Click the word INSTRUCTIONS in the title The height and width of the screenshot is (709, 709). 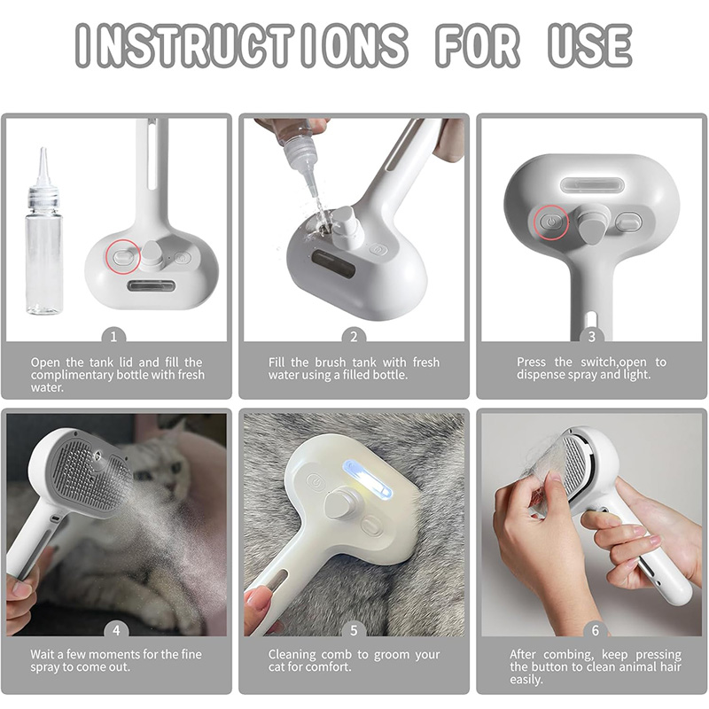tap(241, 45)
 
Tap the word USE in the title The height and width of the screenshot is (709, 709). tap(589, 45)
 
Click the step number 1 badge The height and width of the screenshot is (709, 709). tap(113, 337)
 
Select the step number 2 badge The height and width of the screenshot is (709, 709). tap(354, 337)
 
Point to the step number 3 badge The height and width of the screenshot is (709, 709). tap(591, 337)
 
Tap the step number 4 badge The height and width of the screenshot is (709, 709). tap(116, 630)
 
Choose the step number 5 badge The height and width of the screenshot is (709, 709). tap(354, 630)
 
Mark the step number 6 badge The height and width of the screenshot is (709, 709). tap(595, 630)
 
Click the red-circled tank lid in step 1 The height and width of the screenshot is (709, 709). tap(122, 257)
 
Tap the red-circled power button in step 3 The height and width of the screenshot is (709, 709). tap(550, 222)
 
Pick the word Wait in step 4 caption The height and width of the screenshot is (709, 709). tap(43, 654)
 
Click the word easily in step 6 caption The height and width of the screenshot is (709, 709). tap(526, 680)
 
